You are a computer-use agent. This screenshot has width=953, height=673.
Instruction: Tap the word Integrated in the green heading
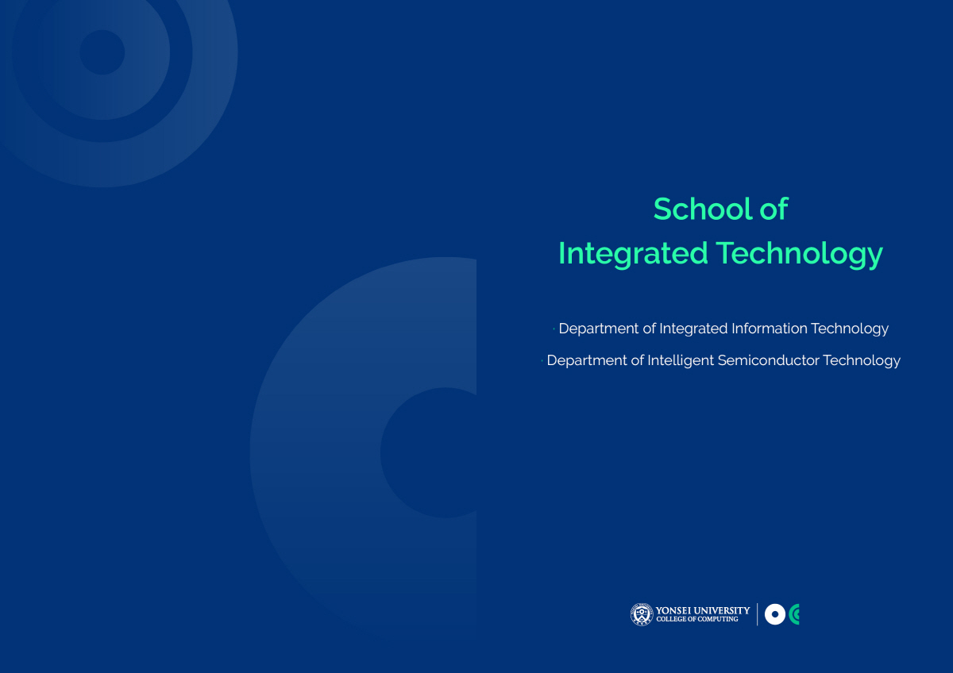(x=633, y=254)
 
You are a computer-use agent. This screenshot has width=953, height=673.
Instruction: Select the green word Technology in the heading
(x=800, y=254)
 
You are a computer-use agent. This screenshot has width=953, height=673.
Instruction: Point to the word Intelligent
(x=681, y=361)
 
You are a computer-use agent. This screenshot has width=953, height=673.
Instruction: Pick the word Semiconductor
(x=769, y=360)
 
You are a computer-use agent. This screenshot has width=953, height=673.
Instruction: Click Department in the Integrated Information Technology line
(x=599, y=329)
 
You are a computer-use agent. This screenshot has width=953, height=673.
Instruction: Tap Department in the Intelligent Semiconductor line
(x=587, y=361)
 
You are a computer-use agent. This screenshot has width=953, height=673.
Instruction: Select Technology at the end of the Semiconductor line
(x=862, y=361)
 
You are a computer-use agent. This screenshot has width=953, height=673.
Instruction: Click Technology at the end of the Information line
(x=850, y=329)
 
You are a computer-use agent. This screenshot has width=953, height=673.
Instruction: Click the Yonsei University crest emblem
(x=642, y=614)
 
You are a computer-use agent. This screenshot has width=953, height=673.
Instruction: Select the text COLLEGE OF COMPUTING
(x=697, y=619)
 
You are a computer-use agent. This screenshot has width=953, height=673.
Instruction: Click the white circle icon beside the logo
(x=775, y=614)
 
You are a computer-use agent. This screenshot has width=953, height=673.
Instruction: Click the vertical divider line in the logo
(x=758, y=614)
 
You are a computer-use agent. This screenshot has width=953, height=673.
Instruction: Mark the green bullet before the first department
(x=554, y=329)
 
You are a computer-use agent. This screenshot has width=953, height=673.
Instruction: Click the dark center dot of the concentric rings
(x=102, y=52)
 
